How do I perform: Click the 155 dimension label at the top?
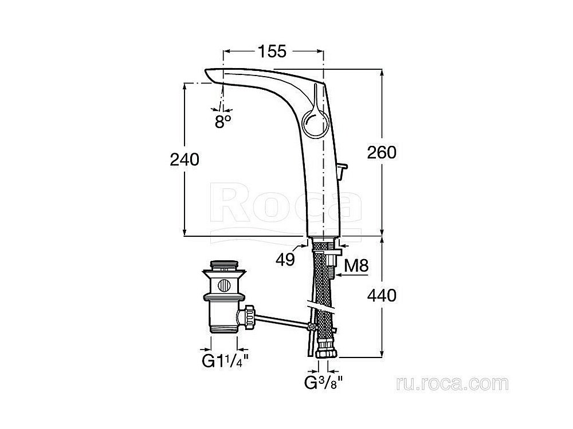coord(272,51)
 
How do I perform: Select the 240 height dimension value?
coord(185,160)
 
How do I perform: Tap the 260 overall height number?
coord(382,152)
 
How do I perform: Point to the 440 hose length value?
coord(382,295)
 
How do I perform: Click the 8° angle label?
coord(222,121)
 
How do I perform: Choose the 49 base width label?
coord(285,259)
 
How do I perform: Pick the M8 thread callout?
coord(356,265)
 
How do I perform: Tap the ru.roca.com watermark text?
coord(452,384)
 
